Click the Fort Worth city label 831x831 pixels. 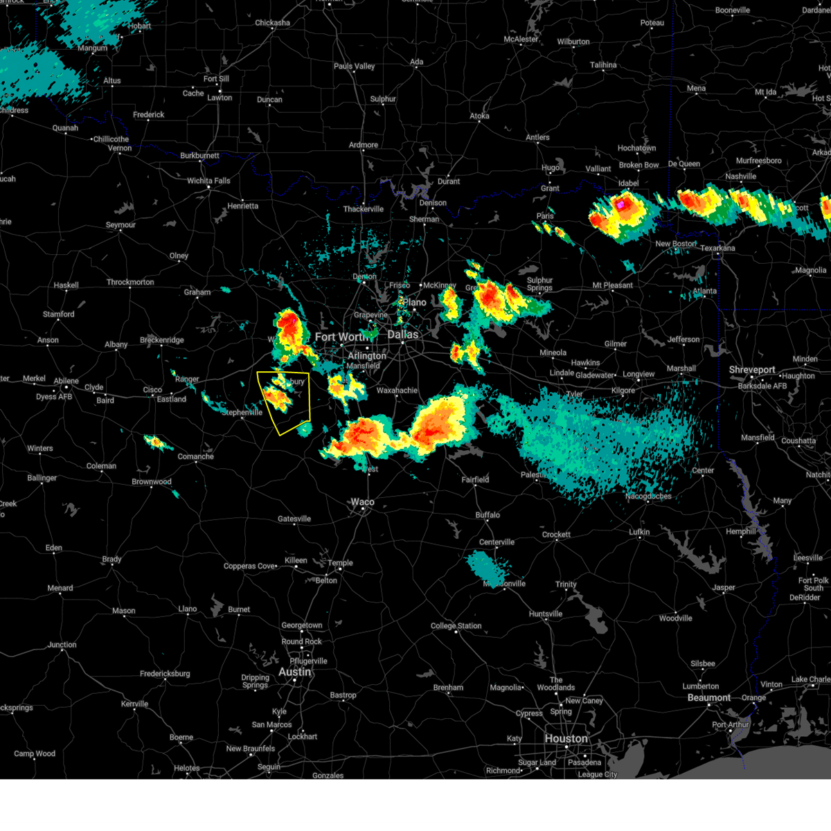[x=341, y=337]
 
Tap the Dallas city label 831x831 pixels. [x=402, y=334]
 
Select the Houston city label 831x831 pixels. [x=566, y=738]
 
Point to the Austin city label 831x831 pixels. [x=295, y=672]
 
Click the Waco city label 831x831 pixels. [x=362, y=502]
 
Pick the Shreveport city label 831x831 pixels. [x=751, y=370]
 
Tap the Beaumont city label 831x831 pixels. [x=709, y=697]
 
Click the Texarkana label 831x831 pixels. [x=717, y=248]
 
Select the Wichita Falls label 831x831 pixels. [x=208, y=181]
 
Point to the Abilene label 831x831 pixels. [x=66, y=381]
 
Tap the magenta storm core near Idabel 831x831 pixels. [x=621, y=204]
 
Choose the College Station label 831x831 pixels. [x=456, y=626]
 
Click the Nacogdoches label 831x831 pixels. [x=648, y=496]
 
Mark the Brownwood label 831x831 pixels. [x=152, y=482]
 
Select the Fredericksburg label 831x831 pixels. [x=165, y=674]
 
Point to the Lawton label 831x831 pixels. [x=220, y=98]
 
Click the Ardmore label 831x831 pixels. [x=364, y=145]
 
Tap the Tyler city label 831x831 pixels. [x=574, y=394]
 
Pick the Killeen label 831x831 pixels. [x=296, y=560]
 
